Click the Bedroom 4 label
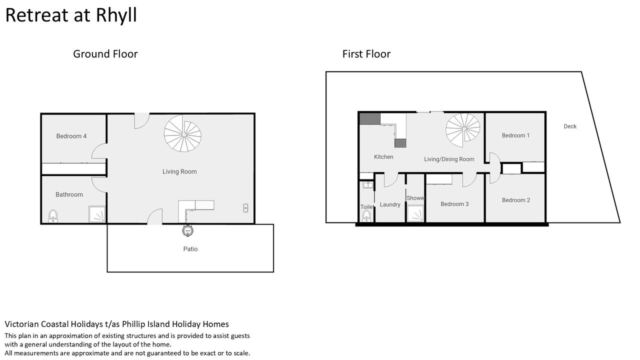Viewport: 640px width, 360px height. [71, 136]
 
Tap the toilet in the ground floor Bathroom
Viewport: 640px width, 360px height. [53, 216]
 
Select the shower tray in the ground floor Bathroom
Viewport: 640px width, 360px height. [97, 214]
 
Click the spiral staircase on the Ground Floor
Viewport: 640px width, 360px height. [182, 133]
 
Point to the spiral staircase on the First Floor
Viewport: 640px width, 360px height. [463, 130]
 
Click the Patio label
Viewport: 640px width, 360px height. [190, 249]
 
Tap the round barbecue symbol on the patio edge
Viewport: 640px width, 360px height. [187, 230]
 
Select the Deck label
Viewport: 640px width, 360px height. [570, 126]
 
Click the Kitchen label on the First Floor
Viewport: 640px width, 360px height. [383, 157]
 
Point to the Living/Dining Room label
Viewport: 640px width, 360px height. [449, 159]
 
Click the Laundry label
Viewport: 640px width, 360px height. [390, 204]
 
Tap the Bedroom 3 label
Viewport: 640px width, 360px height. [454, 204]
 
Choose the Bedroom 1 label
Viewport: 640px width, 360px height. [515, 135]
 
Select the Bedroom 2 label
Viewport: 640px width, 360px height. [516, 200]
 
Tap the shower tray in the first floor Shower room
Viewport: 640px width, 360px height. [415, 213]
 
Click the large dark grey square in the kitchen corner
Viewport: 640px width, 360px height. [369, 119]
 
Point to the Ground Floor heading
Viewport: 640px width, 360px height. [105, 54]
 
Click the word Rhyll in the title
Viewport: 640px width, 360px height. [116, 15]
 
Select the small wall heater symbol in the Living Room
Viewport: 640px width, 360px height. [245, 208]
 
